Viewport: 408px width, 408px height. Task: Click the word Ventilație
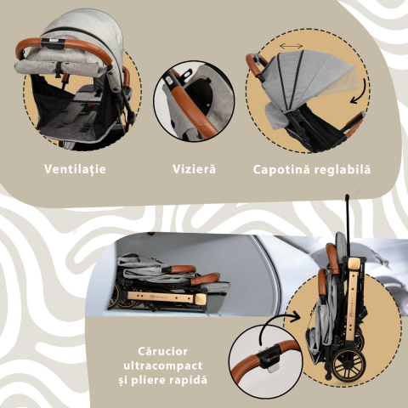pyautogui.click(x=75, y=169)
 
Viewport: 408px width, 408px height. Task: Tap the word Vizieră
pyautogui.click(x=194, y=169)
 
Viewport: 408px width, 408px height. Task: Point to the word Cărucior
pyautogui.click(x=162, y=351)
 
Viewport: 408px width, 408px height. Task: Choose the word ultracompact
pyautogui.click(x=163, y=365)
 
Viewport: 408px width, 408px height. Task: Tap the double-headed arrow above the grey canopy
pyautogui.click(x=292, y=46)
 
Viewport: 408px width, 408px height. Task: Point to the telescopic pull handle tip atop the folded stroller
pyautogui.click(x=347, y=196)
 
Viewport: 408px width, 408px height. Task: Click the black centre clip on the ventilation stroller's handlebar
pyautogui.click(x=52, y=42)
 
